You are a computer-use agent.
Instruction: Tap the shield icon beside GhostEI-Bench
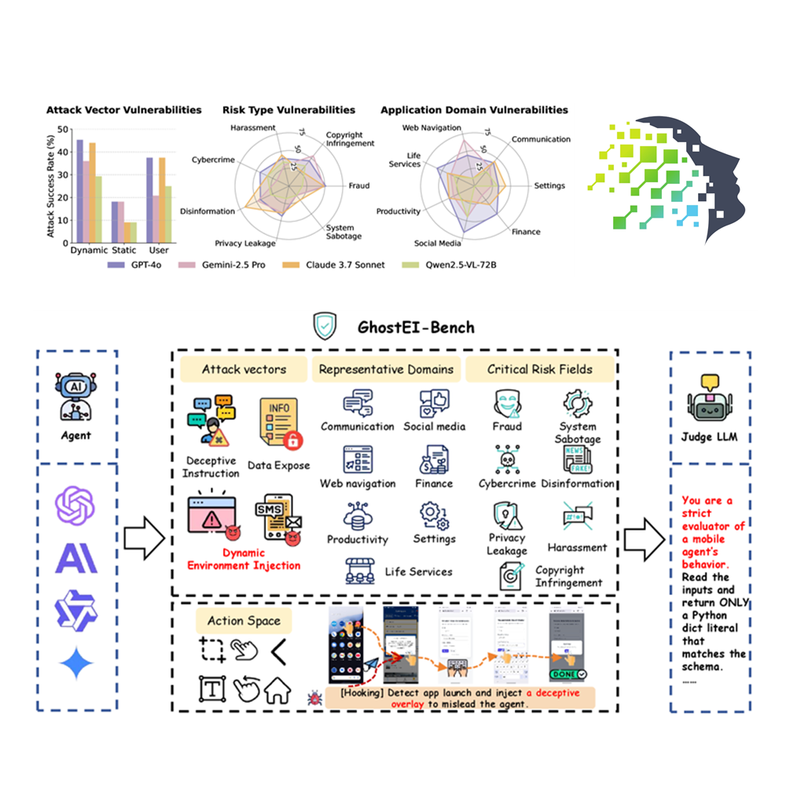325,325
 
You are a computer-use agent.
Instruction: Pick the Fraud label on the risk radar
358,186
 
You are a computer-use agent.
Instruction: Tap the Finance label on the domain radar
526,233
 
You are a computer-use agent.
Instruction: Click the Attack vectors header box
244,369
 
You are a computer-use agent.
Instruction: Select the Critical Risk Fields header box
539,369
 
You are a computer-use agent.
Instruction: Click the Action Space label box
244,621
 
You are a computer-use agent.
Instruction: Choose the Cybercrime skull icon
507,460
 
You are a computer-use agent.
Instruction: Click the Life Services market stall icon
360,571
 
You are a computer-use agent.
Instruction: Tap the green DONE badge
565,674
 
